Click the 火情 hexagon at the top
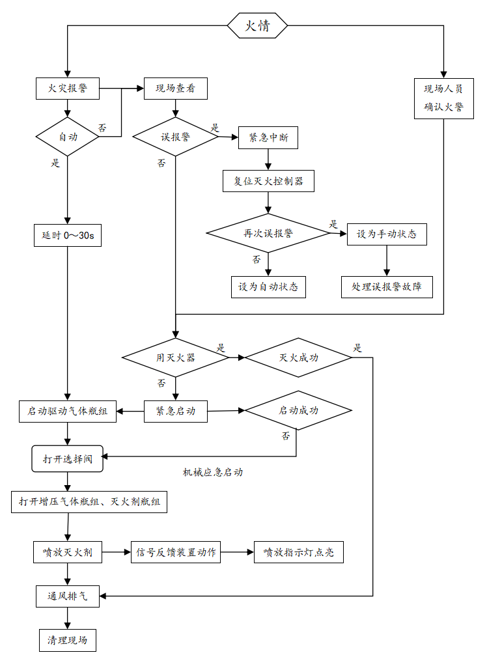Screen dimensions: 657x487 [257, 26]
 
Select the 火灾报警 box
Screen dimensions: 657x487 [68, 89]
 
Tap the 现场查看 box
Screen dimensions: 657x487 [175, 89]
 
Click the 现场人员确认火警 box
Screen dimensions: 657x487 [443, 98]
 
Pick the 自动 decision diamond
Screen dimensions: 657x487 [68, 137]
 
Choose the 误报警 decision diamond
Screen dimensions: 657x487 [175, 137]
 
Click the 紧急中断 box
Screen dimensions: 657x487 [268, 138]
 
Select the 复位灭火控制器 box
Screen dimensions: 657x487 [268, 180]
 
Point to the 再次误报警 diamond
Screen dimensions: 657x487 [268, 233]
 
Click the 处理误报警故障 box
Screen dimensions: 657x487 [387, 287]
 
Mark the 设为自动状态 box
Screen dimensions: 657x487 [268, 287]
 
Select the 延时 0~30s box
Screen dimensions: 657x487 [68, 235]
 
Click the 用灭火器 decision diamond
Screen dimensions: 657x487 [175, 357]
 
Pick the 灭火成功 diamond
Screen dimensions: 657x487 [298, 357]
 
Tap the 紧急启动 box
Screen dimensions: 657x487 [176, 411]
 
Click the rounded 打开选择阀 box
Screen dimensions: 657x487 [68, 458]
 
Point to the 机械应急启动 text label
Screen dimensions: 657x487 [213, 472]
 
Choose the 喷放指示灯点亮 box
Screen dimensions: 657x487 [299, 552]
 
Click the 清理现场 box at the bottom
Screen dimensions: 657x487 [68, 639]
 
